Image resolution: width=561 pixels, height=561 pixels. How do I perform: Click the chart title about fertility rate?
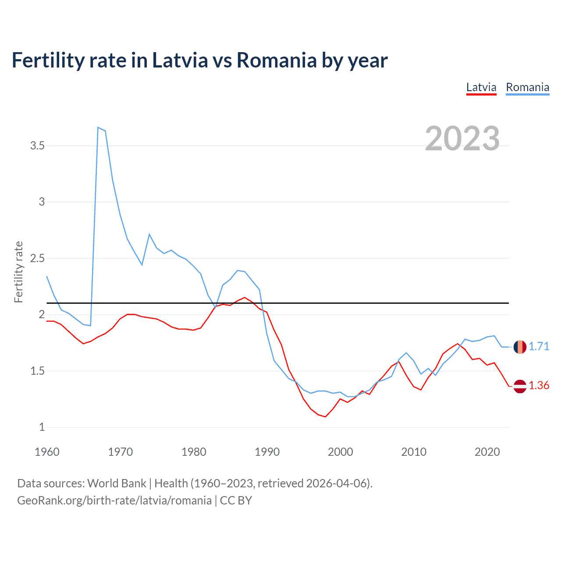click(x=199, y=60)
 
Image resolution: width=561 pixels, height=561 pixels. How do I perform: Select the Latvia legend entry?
click(x=481, y=87)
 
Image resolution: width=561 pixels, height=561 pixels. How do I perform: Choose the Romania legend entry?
click(x=527, y=87)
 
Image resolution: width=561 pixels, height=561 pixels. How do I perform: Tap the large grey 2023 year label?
click(x=462, y=138)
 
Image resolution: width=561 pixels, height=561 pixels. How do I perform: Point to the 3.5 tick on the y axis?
click(x=38, y=146)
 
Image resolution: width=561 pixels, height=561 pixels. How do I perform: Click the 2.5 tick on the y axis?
click(x=38, y=258)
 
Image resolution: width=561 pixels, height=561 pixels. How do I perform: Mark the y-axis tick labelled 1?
click(x=42, y=427)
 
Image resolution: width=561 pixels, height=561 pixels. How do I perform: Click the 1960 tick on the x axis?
click(x=47, y=452)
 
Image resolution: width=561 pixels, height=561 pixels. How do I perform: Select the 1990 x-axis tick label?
click(x=267, y=452)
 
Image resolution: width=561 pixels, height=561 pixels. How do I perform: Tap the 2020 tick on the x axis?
click(x=487, y=452)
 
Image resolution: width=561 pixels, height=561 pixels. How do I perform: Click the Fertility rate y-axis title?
click(x=18, y=272)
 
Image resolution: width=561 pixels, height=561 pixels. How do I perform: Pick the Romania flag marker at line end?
click(x=520, y=347)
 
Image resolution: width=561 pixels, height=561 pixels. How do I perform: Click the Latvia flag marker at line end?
click(x=520, y=386)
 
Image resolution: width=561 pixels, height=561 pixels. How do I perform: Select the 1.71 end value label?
click(x=539, y=346)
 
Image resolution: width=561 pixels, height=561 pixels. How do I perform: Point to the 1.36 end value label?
click(x=539, y=385)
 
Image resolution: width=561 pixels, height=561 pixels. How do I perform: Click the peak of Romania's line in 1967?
click(x=98, y=127)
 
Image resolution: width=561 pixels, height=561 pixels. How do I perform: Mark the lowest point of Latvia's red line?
click(x=325, y=417)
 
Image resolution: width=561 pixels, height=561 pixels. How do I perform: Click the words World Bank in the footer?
click(x=117, y=483)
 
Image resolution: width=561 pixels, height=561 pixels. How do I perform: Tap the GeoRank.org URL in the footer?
click(x=114, y=501)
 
